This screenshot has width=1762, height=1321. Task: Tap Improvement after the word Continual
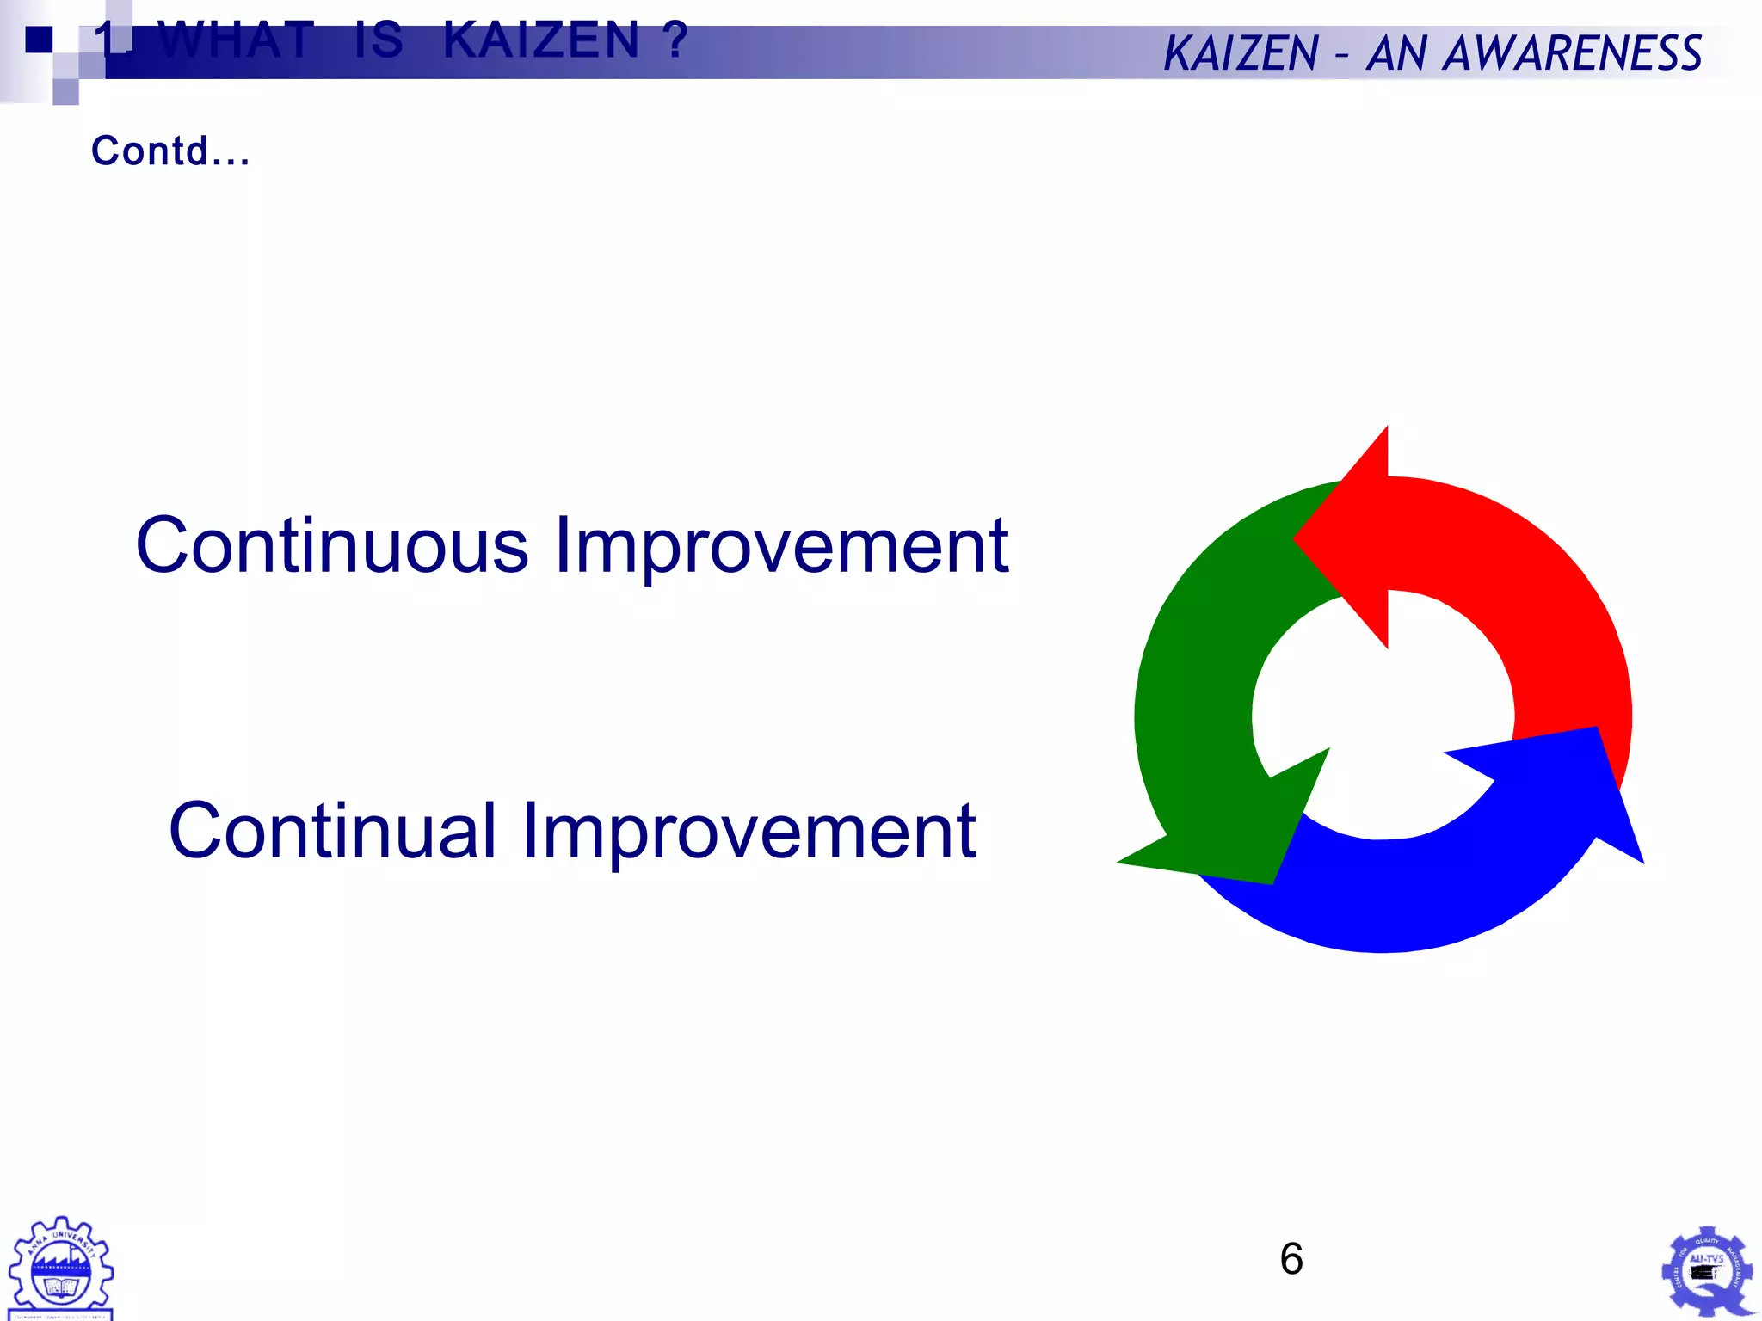749,831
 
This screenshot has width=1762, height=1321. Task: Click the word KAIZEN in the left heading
541,40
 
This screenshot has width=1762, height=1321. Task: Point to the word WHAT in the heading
237,40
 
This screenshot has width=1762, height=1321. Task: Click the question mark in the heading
675,40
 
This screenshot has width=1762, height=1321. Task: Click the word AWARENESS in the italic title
1572,53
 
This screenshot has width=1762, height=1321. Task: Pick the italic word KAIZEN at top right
1241,53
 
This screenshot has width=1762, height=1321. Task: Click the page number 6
1291,1259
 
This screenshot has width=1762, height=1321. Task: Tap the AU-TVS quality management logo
1706,1271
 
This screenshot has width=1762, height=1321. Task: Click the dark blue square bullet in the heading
39,40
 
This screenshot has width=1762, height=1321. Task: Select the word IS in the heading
378,40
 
